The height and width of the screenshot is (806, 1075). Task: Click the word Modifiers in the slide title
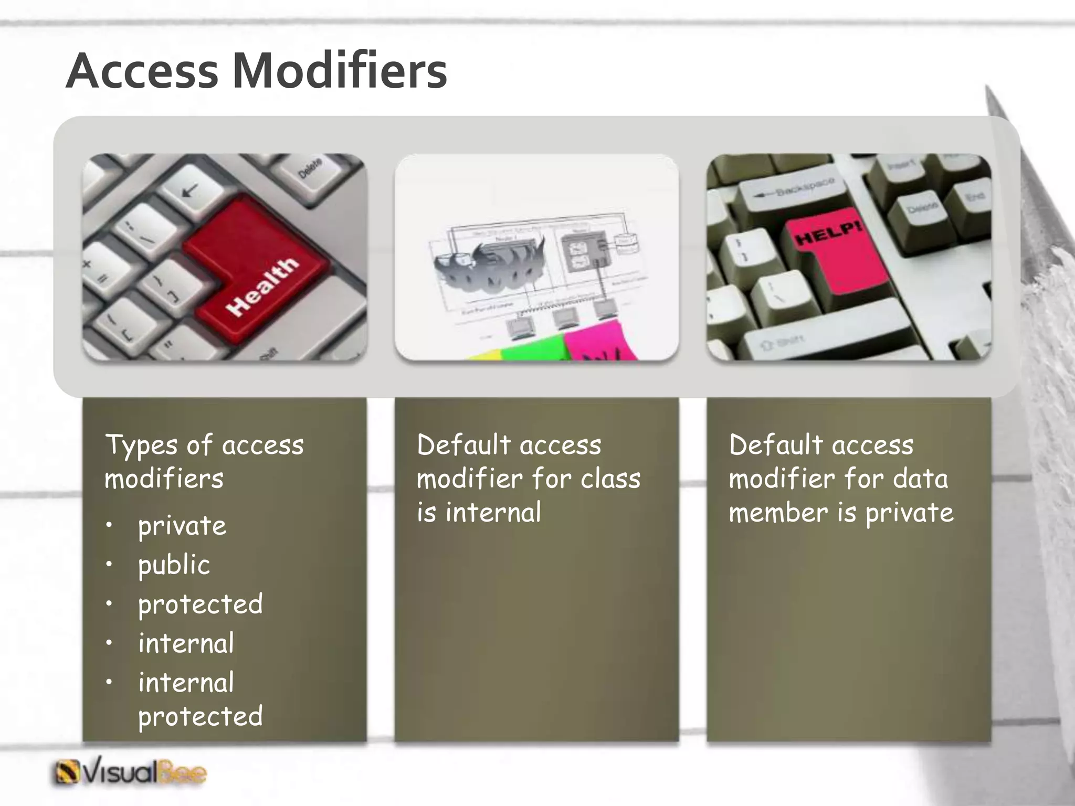pos(340,71)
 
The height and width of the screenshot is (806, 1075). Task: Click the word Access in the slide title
pos(142,71)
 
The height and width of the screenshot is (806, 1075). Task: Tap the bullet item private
pos(182,526)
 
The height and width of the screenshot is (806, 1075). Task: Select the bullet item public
pos(174,565)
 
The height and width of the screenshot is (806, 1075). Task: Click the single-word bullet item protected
pos(200,604)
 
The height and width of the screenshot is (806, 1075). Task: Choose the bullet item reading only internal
pos(186,643)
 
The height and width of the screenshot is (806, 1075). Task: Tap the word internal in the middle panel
pos(493,512)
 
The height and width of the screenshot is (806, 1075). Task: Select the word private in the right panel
pos(909,512)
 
